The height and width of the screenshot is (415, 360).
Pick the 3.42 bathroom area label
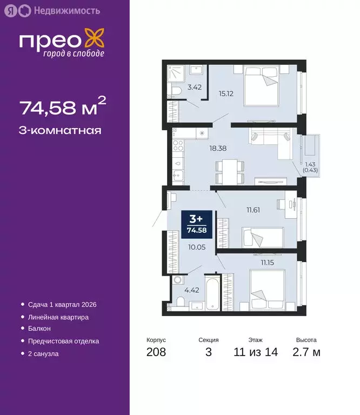194,86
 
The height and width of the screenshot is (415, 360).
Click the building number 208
156,352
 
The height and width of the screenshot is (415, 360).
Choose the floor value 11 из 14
256,352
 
